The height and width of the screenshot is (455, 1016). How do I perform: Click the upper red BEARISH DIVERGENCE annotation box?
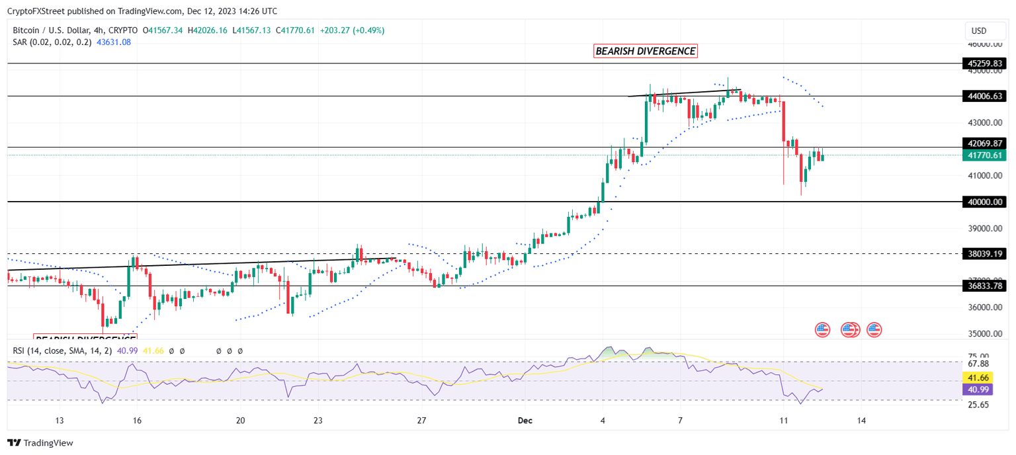point(646,51)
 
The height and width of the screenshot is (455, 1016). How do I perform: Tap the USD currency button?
point(978,30)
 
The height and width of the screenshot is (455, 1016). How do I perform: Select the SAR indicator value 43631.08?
point(114,42)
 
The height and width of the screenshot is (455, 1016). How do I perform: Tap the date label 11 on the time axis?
point(783,421)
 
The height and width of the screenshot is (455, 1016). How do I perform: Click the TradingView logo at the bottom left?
point(40,443)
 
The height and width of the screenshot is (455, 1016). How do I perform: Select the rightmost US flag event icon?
point(874,329)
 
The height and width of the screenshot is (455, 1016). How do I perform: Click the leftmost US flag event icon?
point(822,329)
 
